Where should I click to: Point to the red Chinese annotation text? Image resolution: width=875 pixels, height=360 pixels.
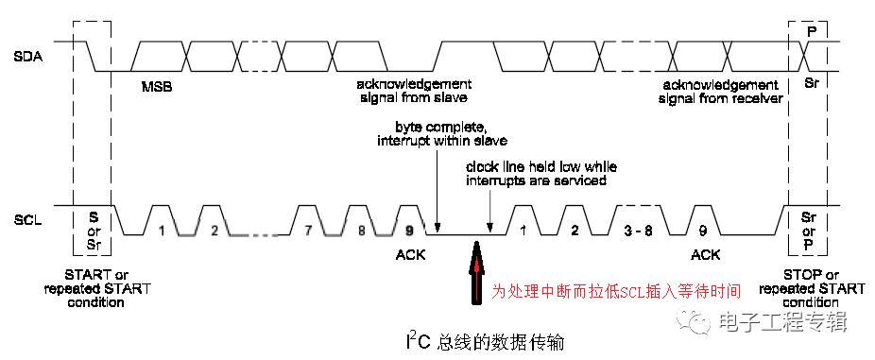(x=616, y=290)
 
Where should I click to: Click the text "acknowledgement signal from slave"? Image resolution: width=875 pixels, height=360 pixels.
(x=412, y=92)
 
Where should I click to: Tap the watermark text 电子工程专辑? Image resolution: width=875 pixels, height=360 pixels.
(x=781, y=322)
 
